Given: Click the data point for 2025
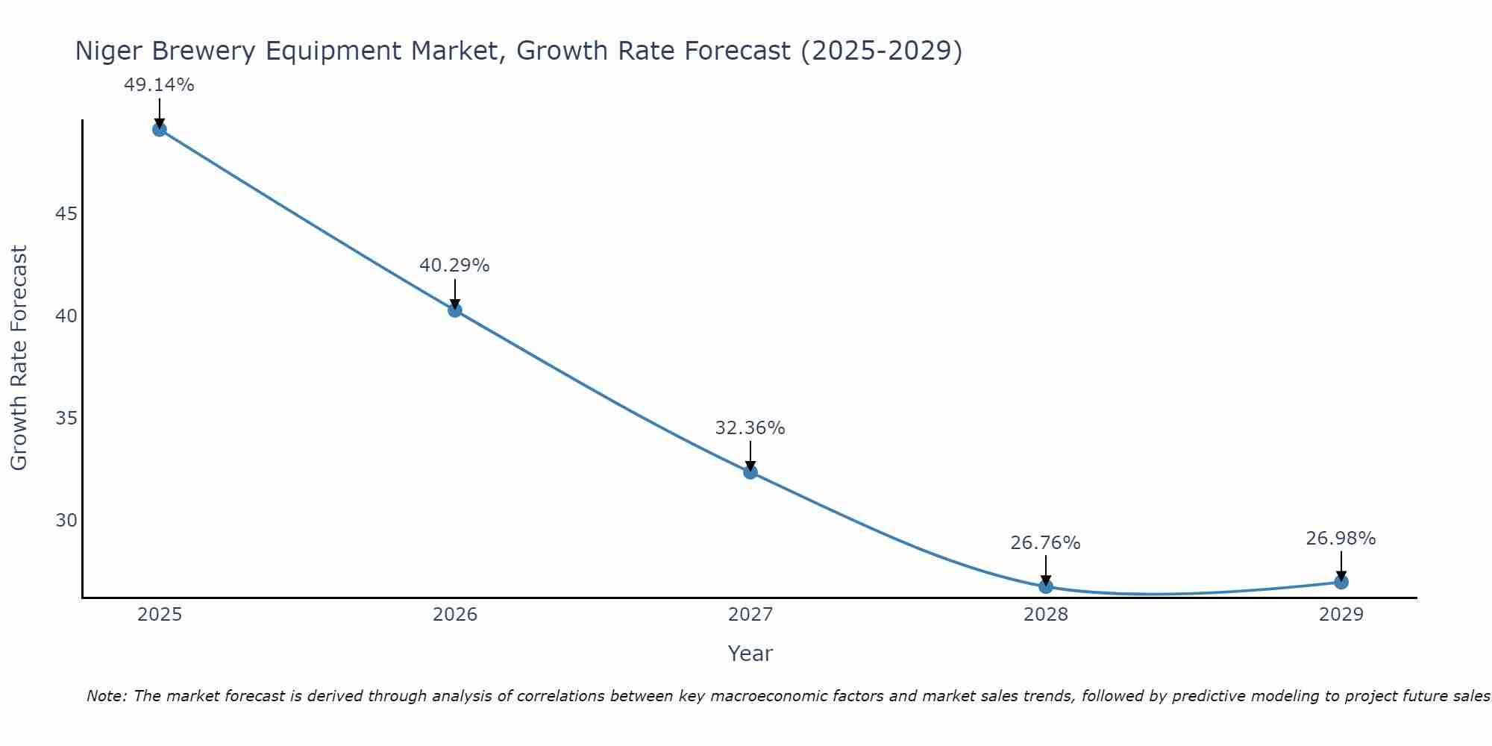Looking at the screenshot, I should [159, 129].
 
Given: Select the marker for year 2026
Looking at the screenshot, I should [454, 310].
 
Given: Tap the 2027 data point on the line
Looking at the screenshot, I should [750, 471].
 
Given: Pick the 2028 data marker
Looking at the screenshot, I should [1045, 586].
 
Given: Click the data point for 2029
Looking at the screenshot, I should [1341, 582].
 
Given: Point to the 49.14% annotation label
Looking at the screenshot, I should [159, 85].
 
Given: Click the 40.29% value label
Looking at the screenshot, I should [454, 266].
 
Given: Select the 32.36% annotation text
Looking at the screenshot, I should [750, 428].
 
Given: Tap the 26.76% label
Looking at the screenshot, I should [1045, 543].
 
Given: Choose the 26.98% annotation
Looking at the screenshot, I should [1341, 539].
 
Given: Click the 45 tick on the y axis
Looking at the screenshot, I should [66, 214].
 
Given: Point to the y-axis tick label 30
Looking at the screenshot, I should [66, 520].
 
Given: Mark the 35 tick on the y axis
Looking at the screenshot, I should [66, 418].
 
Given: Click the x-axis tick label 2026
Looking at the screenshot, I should [455, 615].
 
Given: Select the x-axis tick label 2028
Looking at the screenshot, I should [1045, 615].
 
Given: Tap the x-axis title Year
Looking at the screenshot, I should [750, 653].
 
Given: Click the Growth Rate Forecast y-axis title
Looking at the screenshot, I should [19, 358].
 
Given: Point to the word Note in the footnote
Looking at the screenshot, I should [107, 696].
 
